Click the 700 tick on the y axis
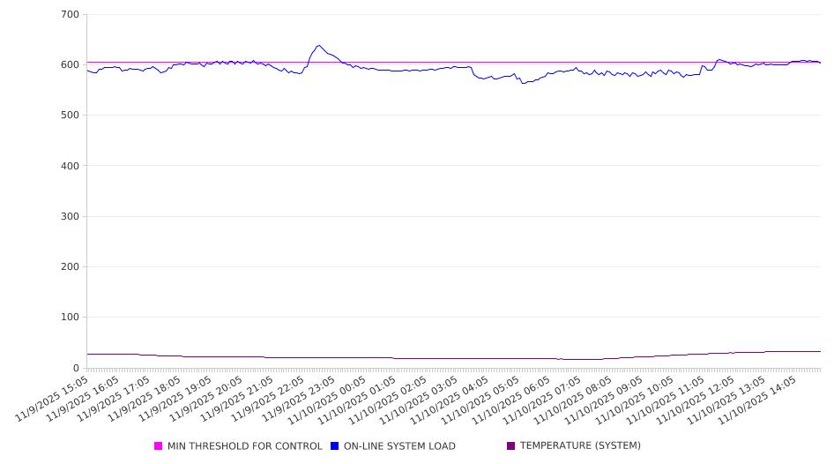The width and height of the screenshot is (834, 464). pos(70,15)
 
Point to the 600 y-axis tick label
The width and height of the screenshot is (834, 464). pos(70,65)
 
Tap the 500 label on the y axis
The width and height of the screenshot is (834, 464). pos(70,116)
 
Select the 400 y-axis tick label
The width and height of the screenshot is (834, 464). pos(70,166)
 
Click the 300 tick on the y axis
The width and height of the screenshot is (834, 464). pos(70,216)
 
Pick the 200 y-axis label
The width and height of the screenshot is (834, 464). pos(70,267)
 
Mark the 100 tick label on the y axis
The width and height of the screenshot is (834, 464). pos(70,318)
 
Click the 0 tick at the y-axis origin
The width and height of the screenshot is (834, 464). pos(76,368)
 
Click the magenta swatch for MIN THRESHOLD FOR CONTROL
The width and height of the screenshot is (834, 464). pos(159,446)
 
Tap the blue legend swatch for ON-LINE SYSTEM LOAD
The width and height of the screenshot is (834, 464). pos(335,446)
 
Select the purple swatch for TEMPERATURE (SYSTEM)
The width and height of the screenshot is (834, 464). pos(510,446)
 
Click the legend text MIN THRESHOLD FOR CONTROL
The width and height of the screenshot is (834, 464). pos(245,446)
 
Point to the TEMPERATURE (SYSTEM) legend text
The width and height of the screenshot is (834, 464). pos(580,446)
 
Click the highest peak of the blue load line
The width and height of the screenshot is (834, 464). pos(318,46)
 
